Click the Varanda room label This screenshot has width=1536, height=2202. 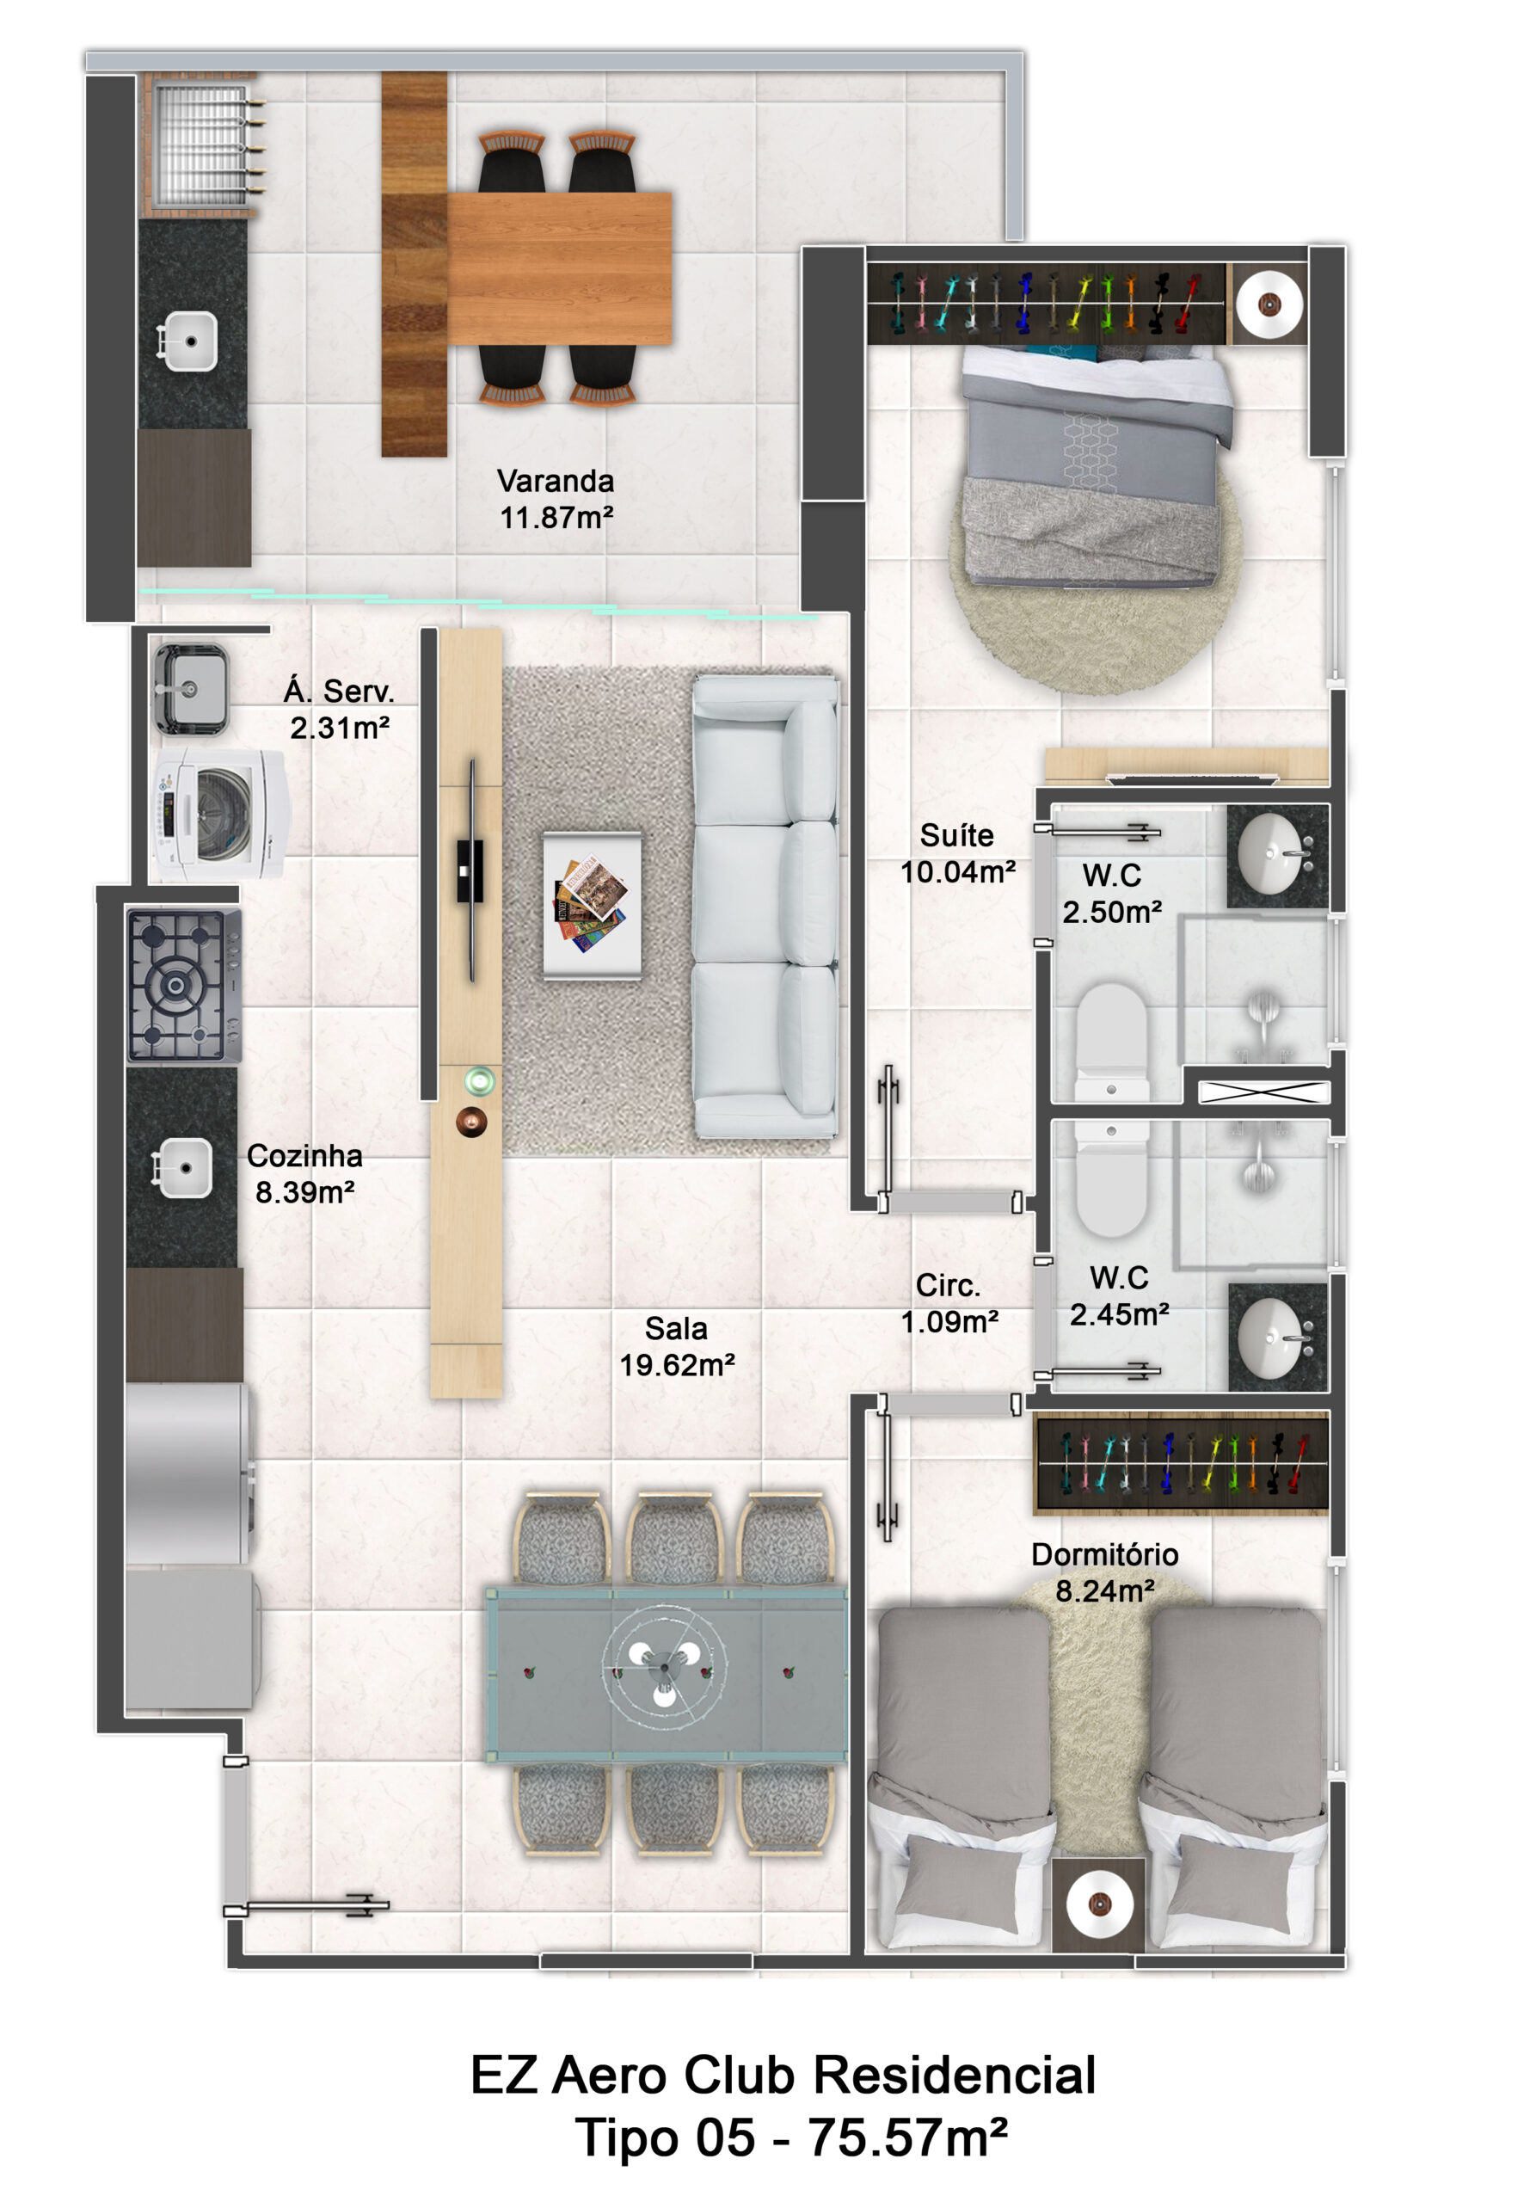556,481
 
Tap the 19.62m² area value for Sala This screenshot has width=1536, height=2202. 677,1365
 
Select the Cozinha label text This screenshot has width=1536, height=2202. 305,1156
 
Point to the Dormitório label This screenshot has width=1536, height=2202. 1104,1554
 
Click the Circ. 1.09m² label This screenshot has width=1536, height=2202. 949,1303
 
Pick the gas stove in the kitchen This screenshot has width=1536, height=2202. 184,986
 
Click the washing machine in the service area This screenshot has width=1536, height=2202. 219,815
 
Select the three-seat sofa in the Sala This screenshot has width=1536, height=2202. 765,907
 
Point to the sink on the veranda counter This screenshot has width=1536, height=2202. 189,341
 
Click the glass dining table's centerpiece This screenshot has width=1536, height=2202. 663,1669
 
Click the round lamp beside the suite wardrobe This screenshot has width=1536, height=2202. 1269,304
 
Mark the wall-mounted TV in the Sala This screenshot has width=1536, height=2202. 470,870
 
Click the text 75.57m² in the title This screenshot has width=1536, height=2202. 907,2137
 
